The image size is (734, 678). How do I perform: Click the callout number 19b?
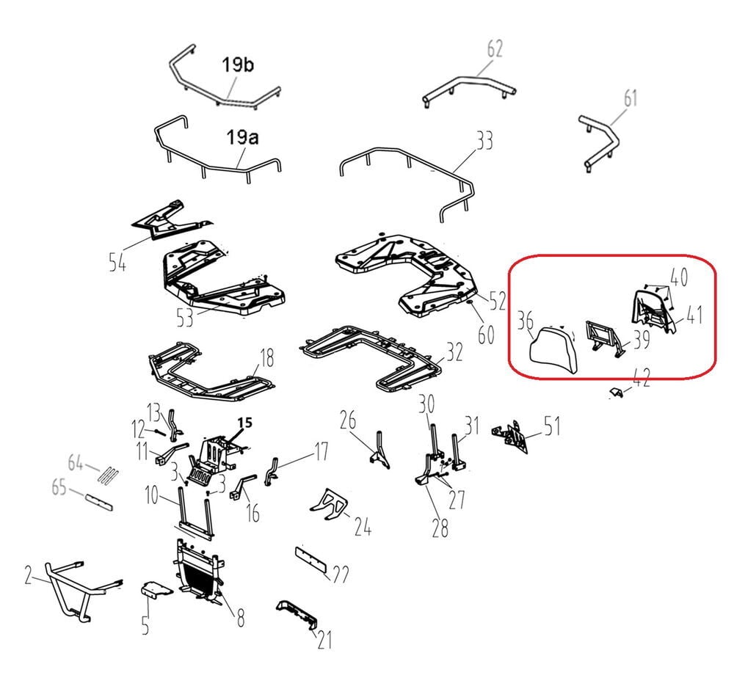coord(237,65)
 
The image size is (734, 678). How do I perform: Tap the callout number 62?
coord(494,49)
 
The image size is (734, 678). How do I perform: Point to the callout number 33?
coord(484,140)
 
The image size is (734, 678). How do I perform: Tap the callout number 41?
coord(694,315)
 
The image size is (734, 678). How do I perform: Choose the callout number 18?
coord(267,360)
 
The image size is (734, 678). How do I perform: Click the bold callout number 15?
coord(245,423)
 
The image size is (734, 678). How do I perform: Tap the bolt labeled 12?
coord(159,431)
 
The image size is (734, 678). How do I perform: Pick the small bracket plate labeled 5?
coord(156,589)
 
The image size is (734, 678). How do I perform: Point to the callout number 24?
coord(363,526)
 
